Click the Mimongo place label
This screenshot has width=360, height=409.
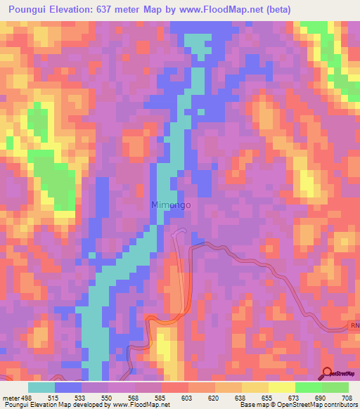tap(171, 205)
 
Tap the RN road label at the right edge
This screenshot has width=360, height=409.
tap(354, 326)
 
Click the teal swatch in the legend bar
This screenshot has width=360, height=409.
tap(41, 387)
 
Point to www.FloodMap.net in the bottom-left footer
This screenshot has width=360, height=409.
tap(133, 405)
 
